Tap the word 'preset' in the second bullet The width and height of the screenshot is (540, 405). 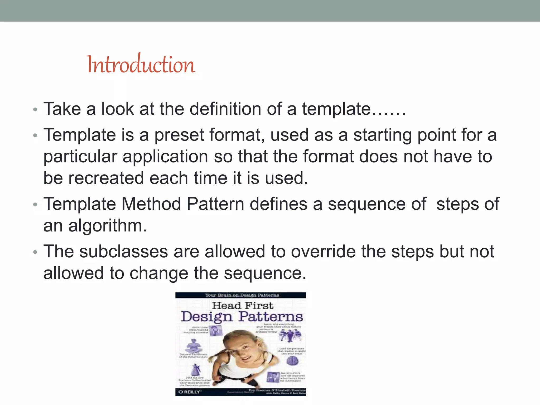179,135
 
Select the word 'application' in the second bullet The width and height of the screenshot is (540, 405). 165,157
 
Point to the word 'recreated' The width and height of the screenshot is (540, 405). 106,178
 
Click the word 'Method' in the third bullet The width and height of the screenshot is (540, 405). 151,204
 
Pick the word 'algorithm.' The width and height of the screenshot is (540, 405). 107,226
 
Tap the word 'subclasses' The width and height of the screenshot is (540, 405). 123,252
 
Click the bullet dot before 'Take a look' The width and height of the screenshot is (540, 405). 35,109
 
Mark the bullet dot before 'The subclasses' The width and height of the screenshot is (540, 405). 35,252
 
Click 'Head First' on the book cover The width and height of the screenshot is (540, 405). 243,306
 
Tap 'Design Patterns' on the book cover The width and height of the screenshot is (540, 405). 242,317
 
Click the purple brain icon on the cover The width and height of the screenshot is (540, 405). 292,360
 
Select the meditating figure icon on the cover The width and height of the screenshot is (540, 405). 194,346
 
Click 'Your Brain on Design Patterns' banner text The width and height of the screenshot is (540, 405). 242,295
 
